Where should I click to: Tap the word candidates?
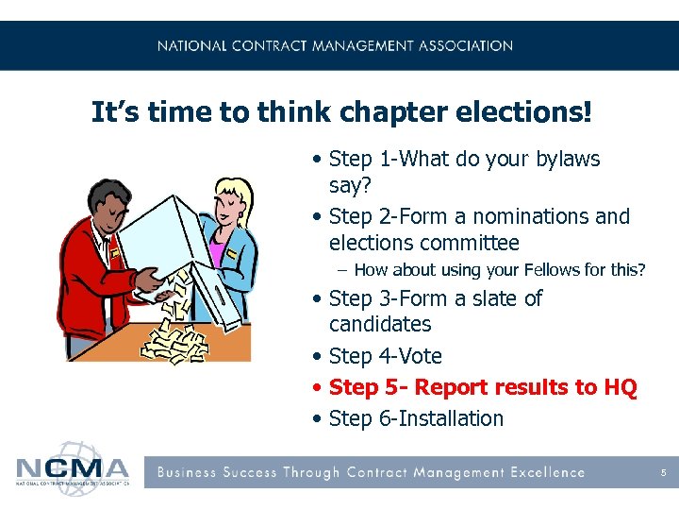pyautogui.click(x=380, y=324)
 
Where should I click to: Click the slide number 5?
pyautogui.click(x=664, y=472)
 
